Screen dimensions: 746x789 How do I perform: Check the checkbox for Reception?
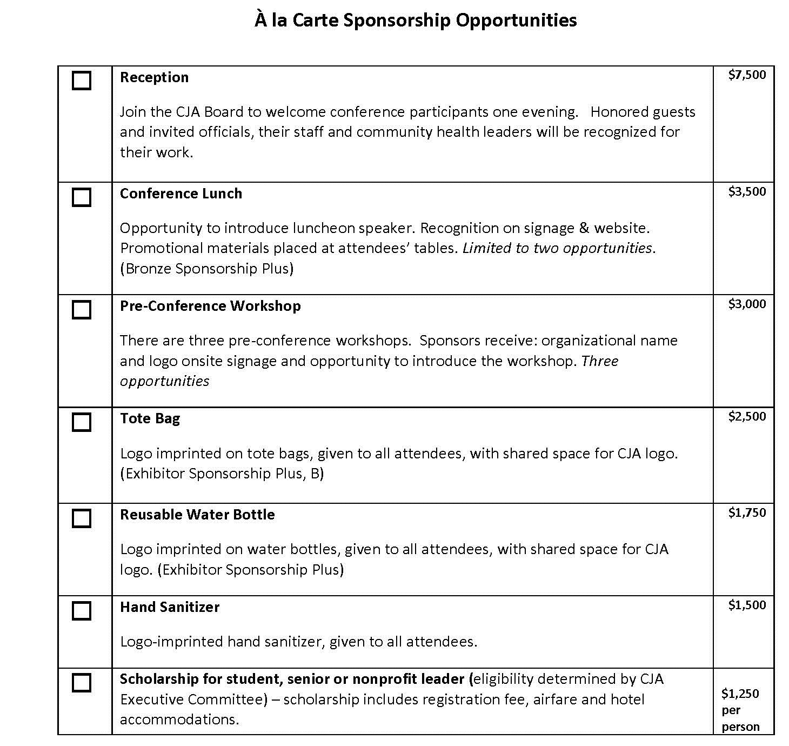(x=82, y=81)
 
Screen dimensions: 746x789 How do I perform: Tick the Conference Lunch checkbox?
(x=82, y=197)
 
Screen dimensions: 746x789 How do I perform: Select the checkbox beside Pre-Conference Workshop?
(x=82, y=310)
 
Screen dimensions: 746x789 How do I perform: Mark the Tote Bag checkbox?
(x=82, y=422)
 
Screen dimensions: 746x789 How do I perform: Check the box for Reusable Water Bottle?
(x=82, y=518)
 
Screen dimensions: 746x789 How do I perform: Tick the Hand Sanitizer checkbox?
(x=82, y=611)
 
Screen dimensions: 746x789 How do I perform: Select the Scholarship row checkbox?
(x=82, y=683)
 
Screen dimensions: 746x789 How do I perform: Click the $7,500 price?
(x=747, y=75)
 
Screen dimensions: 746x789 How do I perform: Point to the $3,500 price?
(x=747, y=192)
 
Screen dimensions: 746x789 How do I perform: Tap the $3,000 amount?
(x=747, y=304)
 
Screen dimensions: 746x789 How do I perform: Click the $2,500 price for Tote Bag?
(x=747, y=417)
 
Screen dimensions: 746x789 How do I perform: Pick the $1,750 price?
(x=747, y=513)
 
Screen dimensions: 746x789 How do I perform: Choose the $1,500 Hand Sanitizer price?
(x=747, y=605)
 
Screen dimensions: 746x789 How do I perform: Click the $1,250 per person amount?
(x=740, y=710)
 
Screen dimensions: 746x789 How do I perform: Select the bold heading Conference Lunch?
(x=181, y=194)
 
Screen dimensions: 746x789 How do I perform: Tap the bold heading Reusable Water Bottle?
(x=197, y=515)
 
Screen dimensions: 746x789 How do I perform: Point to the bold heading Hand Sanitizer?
(x=170, y=607)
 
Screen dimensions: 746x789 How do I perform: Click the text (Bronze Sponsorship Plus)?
(x=206, y=269)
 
